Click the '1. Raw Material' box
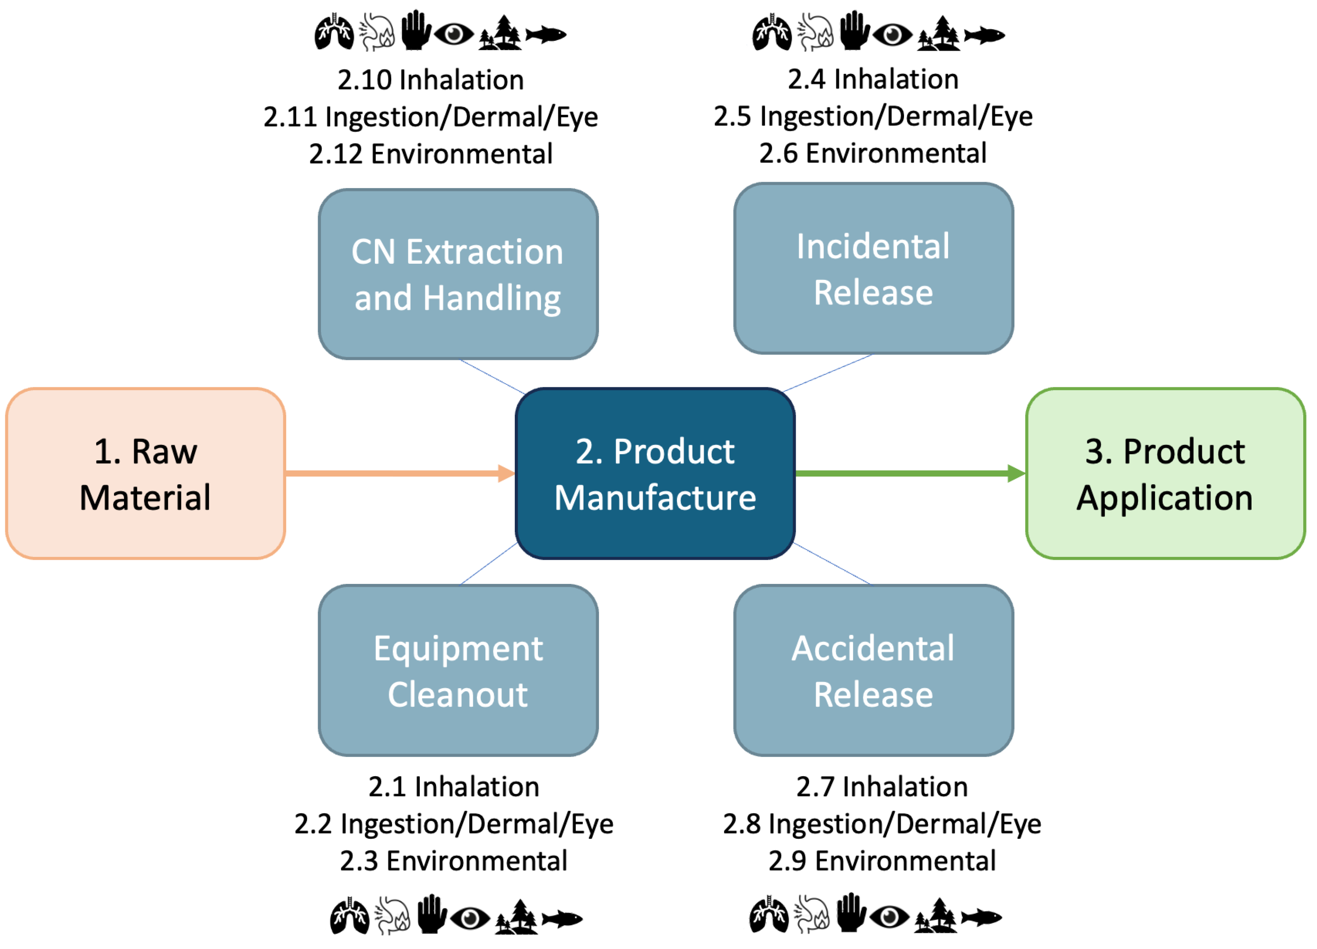(145, 474)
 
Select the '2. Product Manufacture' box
(655, 474)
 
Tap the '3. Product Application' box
(1165, 474)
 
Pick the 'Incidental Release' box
(873, 268)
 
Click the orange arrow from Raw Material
(395, 474)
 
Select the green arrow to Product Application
(906, 474)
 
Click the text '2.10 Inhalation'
(431, 80)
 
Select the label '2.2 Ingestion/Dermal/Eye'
(453, 824)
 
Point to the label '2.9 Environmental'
(881, 861)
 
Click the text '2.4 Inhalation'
(873, 80)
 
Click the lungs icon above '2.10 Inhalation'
(334, 32)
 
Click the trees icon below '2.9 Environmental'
(935, 916)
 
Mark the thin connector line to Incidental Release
(828, 373)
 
